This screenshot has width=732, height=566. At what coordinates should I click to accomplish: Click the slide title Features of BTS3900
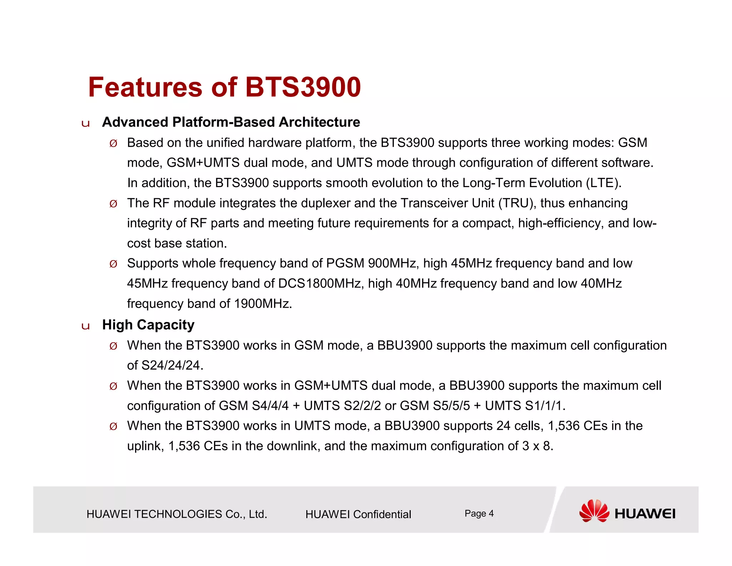pos(224,87)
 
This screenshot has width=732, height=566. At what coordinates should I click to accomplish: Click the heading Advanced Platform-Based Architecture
pos(231,122)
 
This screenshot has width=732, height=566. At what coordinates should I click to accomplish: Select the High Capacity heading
pos(148,325)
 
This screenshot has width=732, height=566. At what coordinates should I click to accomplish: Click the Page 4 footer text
pos(479,514)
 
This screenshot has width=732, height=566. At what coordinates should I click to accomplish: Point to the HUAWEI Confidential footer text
pos(358,514)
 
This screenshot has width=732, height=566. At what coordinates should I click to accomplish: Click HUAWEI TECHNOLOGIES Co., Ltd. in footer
pos(177,514)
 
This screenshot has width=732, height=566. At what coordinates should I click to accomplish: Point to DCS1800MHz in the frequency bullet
pos(321,284)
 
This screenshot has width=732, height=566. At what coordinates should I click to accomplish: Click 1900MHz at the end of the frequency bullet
pos(263,304)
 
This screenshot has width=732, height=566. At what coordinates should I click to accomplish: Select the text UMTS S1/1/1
pos(525,406)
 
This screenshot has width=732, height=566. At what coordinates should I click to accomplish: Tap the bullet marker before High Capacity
pos(85,326)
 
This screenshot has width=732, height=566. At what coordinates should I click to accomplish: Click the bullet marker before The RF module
pos(113,204)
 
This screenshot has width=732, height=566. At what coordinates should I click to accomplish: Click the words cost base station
pos(177,243)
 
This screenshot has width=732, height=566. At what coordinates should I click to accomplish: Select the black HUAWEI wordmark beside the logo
pos(645,514)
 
